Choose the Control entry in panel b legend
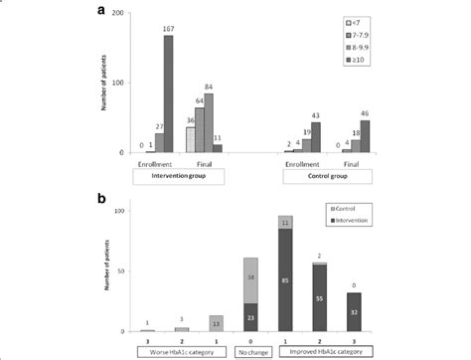pos(339,210)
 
